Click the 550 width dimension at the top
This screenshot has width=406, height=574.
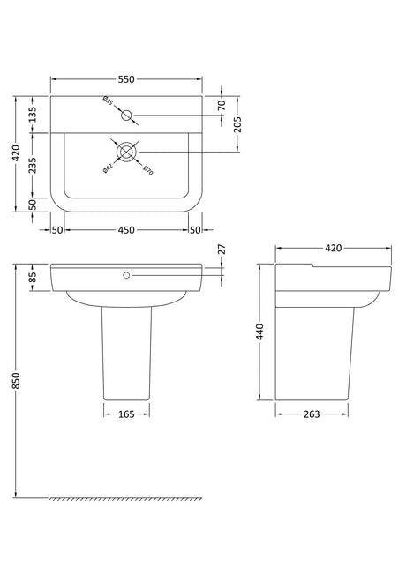pyautogui.click(x=126, y=79)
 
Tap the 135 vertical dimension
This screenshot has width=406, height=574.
pyautogui.click(x=32, y=115)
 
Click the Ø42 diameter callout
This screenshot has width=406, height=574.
pyautogui.click(x=108, y=167)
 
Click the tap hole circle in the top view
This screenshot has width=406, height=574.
pyautogui.click(x=126, y=115)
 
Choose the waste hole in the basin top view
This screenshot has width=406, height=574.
pyautogui.click(x=126, y=153)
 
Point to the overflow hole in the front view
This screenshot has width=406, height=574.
pyautogui.click(x=126, y=276)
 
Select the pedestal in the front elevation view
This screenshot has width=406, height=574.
pyautogui.click(x=126, y=353)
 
